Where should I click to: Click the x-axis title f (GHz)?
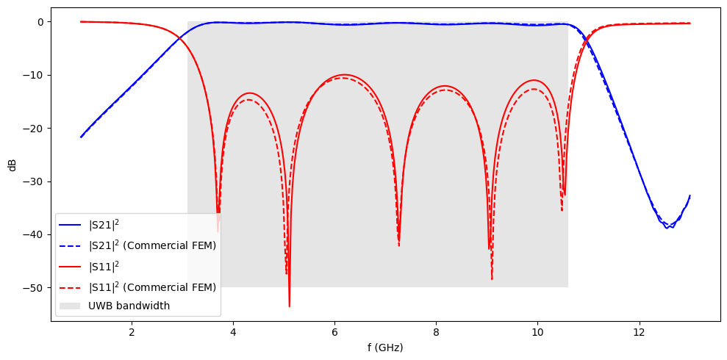(x=385, y=348)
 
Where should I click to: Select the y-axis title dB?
(x=12, y=165)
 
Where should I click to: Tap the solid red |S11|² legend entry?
(x=109, y=265)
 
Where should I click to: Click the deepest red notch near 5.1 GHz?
(x=289, y=306)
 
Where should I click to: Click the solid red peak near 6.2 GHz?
(x=344, y=75)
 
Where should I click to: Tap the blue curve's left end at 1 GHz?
(x=81, y=137)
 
